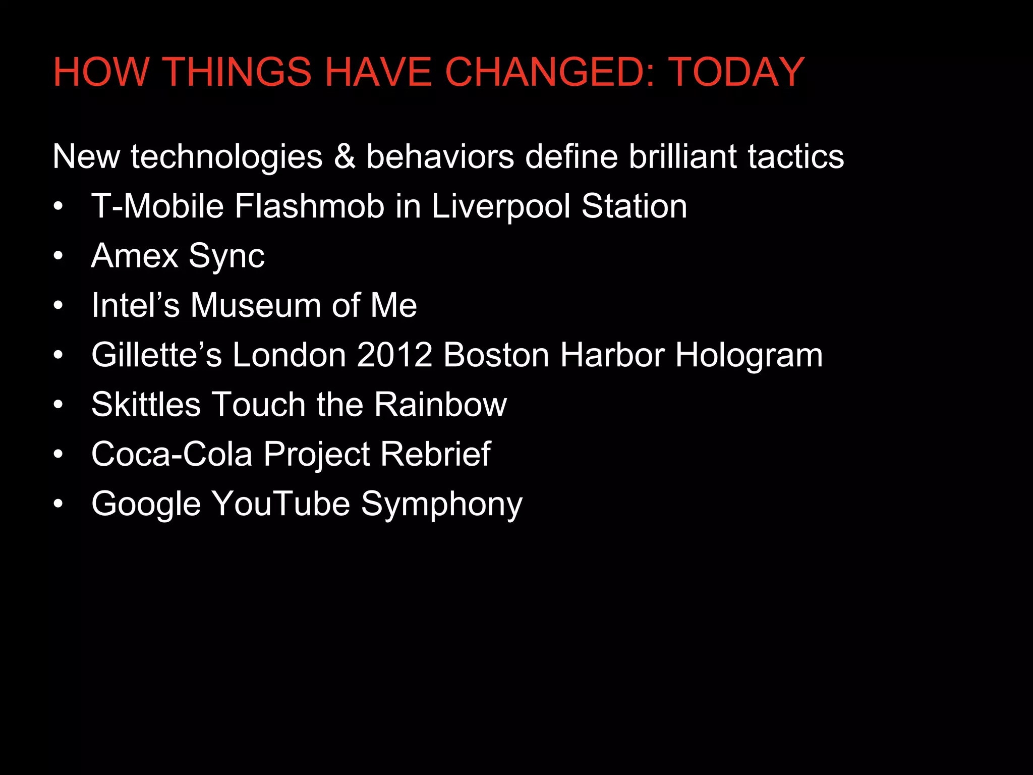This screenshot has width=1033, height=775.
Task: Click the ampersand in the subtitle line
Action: (x=345, y=156)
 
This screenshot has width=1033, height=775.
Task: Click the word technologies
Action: (x=226, y=156)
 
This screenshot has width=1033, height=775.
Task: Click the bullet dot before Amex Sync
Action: (x=59, y=256)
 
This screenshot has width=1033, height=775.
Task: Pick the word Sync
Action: (x=226, y=256)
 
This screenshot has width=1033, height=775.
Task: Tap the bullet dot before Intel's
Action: (x=59, y=305)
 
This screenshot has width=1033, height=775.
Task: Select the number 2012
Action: (x=394, y=355)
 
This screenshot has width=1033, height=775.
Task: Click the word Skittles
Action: (x=146, y=404)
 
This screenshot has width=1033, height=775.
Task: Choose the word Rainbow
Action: (x=440, y=404)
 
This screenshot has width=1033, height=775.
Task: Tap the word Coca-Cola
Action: (x=171, y=454)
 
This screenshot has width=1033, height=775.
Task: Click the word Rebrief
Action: (x=435, y=454)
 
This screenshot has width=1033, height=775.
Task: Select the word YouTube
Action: (x=280, y=504)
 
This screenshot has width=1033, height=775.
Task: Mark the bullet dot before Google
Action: (x=59, y=504)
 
